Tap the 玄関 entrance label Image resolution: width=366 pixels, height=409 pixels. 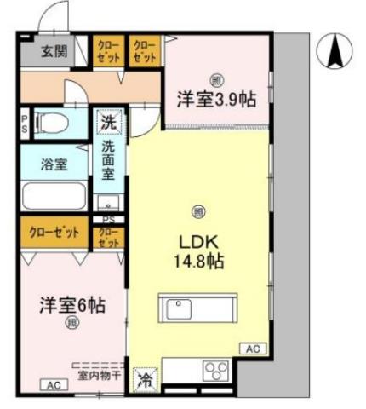click(x=55, y=50)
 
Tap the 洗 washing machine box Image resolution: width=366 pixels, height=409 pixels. click(x=109, y=123)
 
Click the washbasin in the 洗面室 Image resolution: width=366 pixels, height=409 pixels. click(x=108, y=204)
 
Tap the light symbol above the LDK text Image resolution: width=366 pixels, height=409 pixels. click(x=198, y=211)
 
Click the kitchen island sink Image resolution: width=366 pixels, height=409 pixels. click(x=180, y=308)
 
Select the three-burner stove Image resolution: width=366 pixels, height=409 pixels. click(x=214, y=372)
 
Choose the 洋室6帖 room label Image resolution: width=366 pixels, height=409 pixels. click(x=70, y=303)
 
